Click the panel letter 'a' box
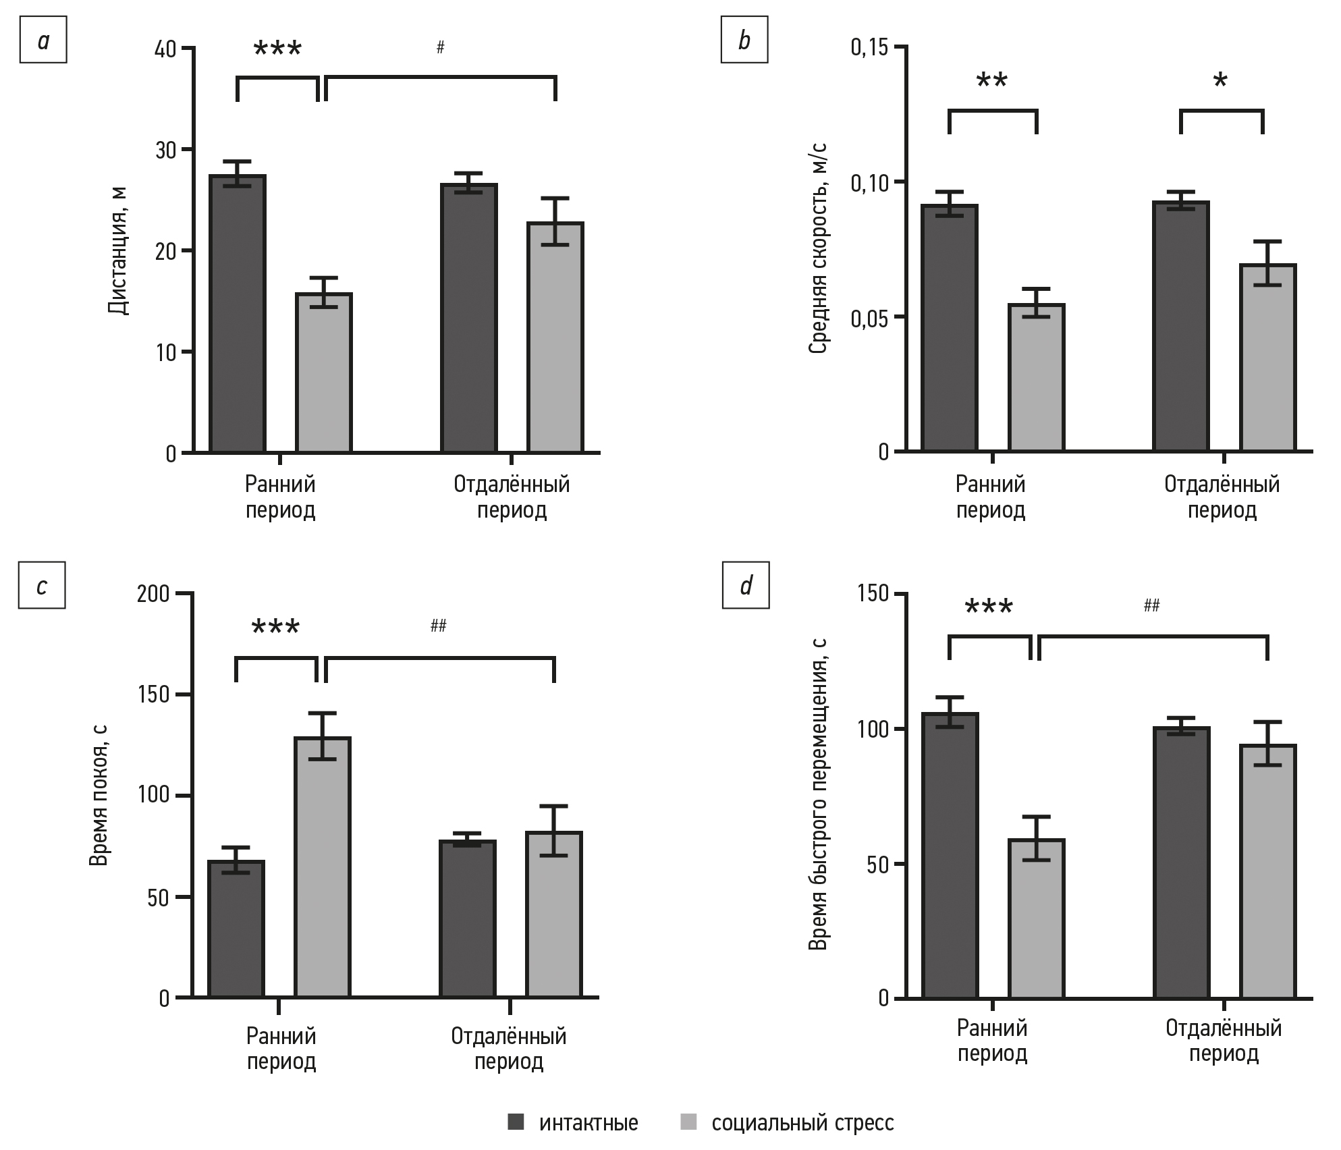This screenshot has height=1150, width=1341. (43, 42)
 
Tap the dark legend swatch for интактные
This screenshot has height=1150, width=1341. (516, 1123)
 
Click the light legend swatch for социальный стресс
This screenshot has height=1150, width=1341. (689, 1123)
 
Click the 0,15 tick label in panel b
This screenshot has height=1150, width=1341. (870, 48)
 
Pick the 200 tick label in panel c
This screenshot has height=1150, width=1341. (153, 595)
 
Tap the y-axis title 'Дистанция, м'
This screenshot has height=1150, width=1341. (118, 251)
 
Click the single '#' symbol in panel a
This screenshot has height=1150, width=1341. (440, 47)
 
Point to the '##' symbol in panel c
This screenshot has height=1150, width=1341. (438, 626)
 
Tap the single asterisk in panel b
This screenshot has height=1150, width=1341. (1220, 82)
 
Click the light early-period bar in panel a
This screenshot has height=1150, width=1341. (325, 373)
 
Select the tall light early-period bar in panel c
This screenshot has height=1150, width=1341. (323, 867)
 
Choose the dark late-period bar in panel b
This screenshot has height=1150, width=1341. (1181, 327)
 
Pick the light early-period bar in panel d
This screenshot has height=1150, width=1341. (1037, 919)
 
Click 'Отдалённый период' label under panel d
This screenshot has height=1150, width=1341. (1224, 1041)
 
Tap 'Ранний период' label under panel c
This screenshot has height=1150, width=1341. (281, 1049)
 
